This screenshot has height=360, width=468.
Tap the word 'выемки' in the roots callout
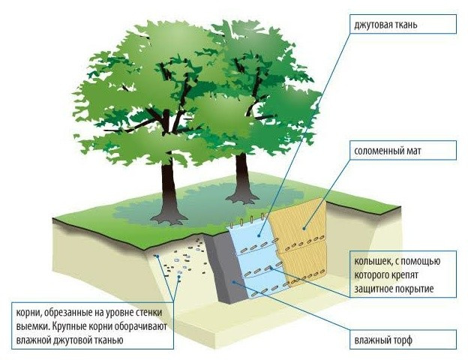31,327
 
